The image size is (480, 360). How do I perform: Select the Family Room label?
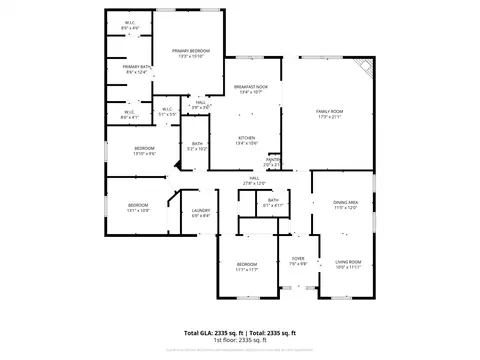pos(330,110)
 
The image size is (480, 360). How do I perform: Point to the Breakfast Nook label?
pos(250,87)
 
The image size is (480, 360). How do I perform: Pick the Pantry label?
pos(272,158)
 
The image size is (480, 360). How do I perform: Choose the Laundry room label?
pos(200,210)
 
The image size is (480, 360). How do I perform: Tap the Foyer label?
pos(298,259)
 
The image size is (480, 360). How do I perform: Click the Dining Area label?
pos(346,203)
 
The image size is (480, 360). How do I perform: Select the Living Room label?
pos(347,262)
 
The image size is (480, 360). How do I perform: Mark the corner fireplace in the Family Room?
pos(368,66)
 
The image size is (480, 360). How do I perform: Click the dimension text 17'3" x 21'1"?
pos(330,116)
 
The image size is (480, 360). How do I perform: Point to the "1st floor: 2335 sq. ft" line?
pos(240,341)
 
